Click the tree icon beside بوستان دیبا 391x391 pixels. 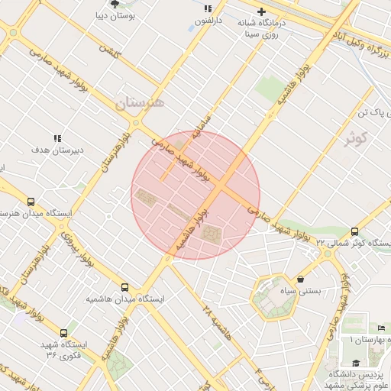click(115, 3)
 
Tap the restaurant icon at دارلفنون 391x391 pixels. click(207, 9)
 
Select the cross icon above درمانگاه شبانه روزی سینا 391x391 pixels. click(262, 12)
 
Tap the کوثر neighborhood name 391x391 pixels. click(355, 138)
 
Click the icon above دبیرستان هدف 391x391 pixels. click(57, 138)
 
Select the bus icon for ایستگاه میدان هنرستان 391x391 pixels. click(31, 202)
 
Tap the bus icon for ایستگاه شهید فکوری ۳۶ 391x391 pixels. click(63, 333)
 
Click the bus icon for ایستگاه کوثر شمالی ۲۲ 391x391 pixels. click(354, 231)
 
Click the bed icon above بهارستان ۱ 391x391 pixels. click(380, 328)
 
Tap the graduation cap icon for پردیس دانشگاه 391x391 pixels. click(355, 363)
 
